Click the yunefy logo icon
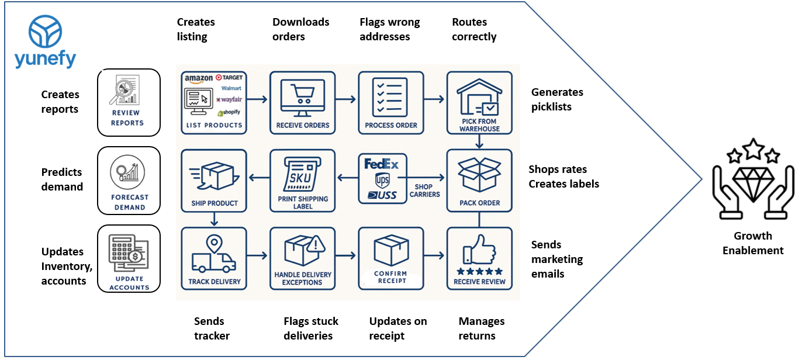point(45,32)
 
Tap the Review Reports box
point(128,101)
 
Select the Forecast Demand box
point(129,180)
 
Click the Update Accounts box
point(129,258)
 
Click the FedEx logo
point(381,164)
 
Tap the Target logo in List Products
point(229,78)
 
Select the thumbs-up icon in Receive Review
point(482,252)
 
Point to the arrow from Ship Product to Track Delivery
point(215,219)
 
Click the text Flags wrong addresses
point(389,29)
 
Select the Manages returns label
point(481,328)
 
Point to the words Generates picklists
point(556,99)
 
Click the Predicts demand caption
point(62,179)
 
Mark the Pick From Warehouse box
point(479,102)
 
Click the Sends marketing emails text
point(556,259)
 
